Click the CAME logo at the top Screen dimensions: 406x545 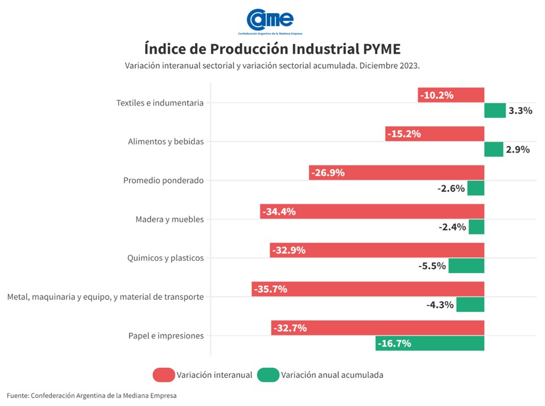[270, 21]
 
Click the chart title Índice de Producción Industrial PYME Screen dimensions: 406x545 [272, 48]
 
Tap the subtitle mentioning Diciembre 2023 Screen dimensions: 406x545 [272, 65]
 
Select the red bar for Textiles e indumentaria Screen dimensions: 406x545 [451, 95]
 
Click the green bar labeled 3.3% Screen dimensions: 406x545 [495, 111]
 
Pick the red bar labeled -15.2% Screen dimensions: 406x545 [435, 134]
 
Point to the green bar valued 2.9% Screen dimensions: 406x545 [493, 149]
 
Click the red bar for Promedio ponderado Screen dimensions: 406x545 [397, 173]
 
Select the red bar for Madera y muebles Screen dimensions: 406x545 [372, 212]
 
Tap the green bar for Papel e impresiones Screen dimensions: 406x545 [429, 343]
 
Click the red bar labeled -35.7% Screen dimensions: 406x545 [368, 289]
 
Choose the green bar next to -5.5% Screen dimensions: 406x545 [466, 265]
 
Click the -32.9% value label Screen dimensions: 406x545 [289, 251]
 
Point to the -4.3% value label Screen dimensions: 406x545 [440, 304]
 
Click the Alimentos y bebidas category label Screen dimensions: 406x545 [165, 142]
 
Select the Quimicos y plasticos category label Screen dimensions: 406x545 [165, 258]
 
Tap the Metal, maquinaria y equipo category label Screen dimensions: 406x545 [105, 297]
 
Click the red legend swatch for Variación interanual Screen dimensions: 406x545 [163, 375]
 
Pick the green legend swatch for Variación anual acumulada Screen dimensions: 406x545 [268, 375]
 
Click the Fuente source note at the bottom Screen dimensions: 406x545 [92, 395]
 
